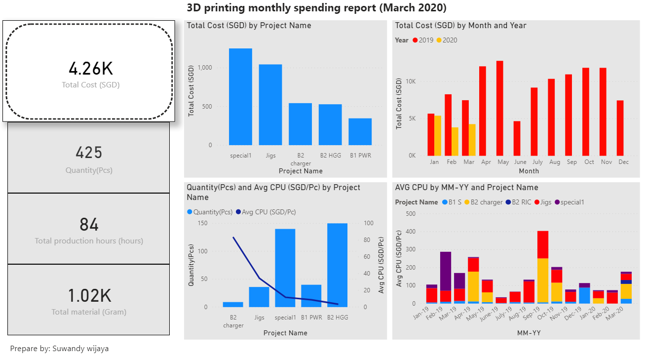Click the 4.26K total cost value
pyautogui.click(x=90, y=69)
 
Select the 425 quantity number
pyautogui.click(x=89, y=153)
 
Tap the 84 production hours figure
pyautogui.click(x=89, y=225)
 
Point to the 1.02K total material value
pyautogui.click(x=89, y=295)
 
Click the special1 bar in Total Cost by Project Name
pyautogui.click(x=240, y=97)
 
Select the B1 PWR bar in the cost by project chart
pyautogui.click(x=360, y=132)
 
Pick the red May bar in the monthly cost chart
pyautogui.click(x=499, y=108)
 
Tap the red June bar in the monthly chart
pyautogui.click(x=517, y=138)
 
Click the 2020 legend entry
pyautogui.click(x=447, y=40)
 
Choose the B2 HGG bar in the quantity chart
pyautogui.click(x=337, y=265)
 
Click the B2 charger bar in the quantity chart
pyautogui.click(x=233, y=305)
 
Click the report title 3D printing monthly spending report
pyautogui.click(x=316, y=8)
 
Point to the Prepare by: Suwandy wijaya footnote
pyautogui.click(x=59, y=349)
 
